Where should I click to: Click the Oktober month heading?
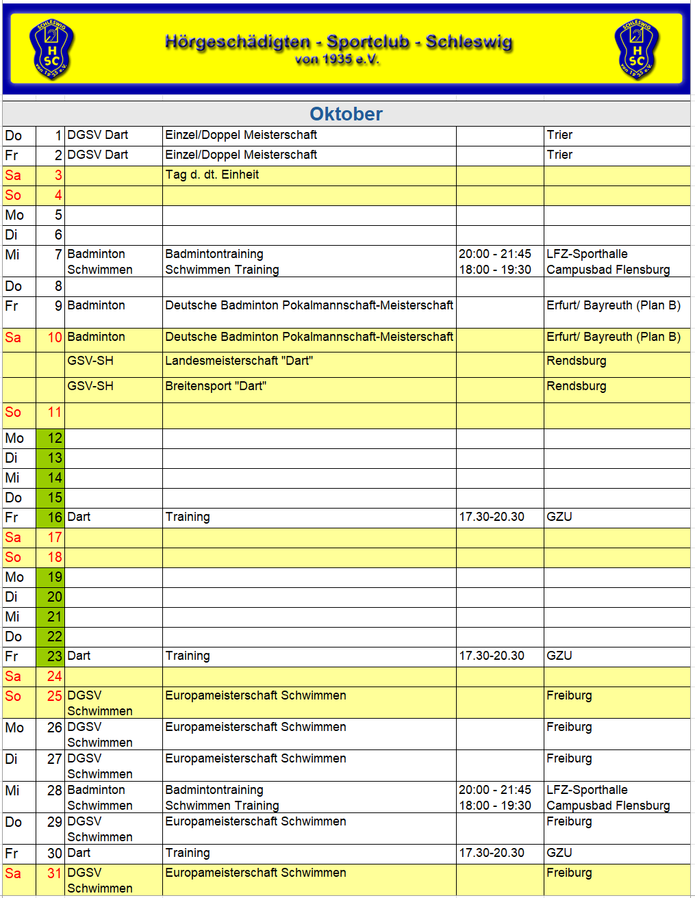[x=346, y=114]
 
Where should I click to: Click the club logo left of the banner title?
[x=52, y=49]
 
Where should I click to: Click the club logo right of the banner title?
[x=637, y=49]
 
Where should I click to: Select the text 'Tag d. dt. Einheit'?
[x=212, y=175]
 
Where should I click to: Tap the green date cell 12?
[x=51, y=438]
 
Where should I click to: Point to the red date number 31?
[x=55, y=873]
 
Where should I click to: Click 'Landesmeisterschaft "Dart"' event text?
[x=239, y=361]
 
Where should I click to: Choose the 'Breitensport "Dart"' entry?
[x=216, y=386]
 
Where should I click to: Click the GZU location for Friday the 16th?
[x=559, y=517]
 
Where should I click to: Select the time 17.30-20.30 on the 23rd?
[x=492, y=656]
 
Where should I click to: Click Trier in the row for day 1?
[x=559, y=135]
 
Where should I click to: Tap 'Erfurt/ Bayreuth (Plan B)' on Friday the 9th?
[x=614, y=305]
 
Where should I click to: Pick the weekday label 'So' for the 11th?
[x=13, y=412]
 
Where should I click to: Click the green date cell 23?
[x=51, y=656]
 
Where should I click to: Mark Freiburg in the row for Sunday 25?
[x=569, y=695]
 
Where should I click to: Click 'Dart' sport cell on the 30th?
[x=79, y=853]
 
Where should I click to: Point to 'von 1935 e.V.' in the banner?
[x=338, y=60]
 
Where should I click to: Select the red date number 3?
[x=58, y=175]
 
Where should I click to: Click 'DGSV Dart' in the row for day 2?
[x=98, y=155]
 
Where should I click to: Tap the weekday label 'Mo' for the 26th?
[x=14, y=728]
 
